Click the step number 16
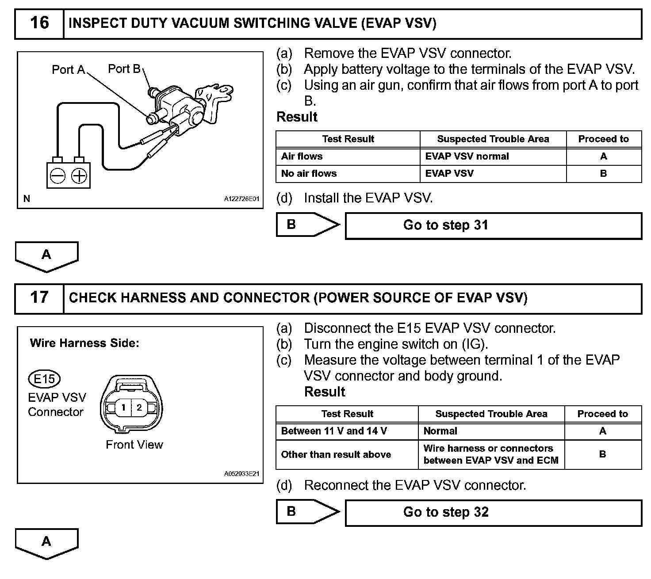click(x=39, y=23)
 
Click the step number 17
click(x=39, y=297)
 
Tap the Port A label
click(x=68, y=69)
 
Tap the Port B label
click(x=124, y=69)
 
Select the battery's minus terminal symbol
click(x=58, y=175)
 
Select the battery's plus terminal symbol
click(x=79, y=175)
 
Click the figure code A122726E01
click(x=241, y=199)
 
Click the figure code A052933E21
click(x=241, y=474)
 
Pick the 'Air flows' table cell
click(x=348, y=156)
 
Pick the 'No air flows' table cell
click(x=348, y=174)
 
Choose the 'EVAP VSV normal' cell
click(x=493, y=156)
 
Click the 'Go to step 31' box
click(x=494, y=226)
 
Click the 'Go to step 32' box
click(x=494, y=513)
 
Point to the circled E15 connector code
click(x=44, y=379)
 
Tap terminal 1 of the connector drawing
click(x=123, y=408)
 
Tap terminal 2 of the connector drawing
click(x=139, y=408)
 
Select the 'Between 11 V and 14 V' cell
click(x=347, y=431)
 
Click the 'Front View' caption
click(x=134, y=445)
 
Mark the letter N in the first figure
click(x=27, y=199)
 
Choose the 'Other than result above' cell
click(x=347, y=454)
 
